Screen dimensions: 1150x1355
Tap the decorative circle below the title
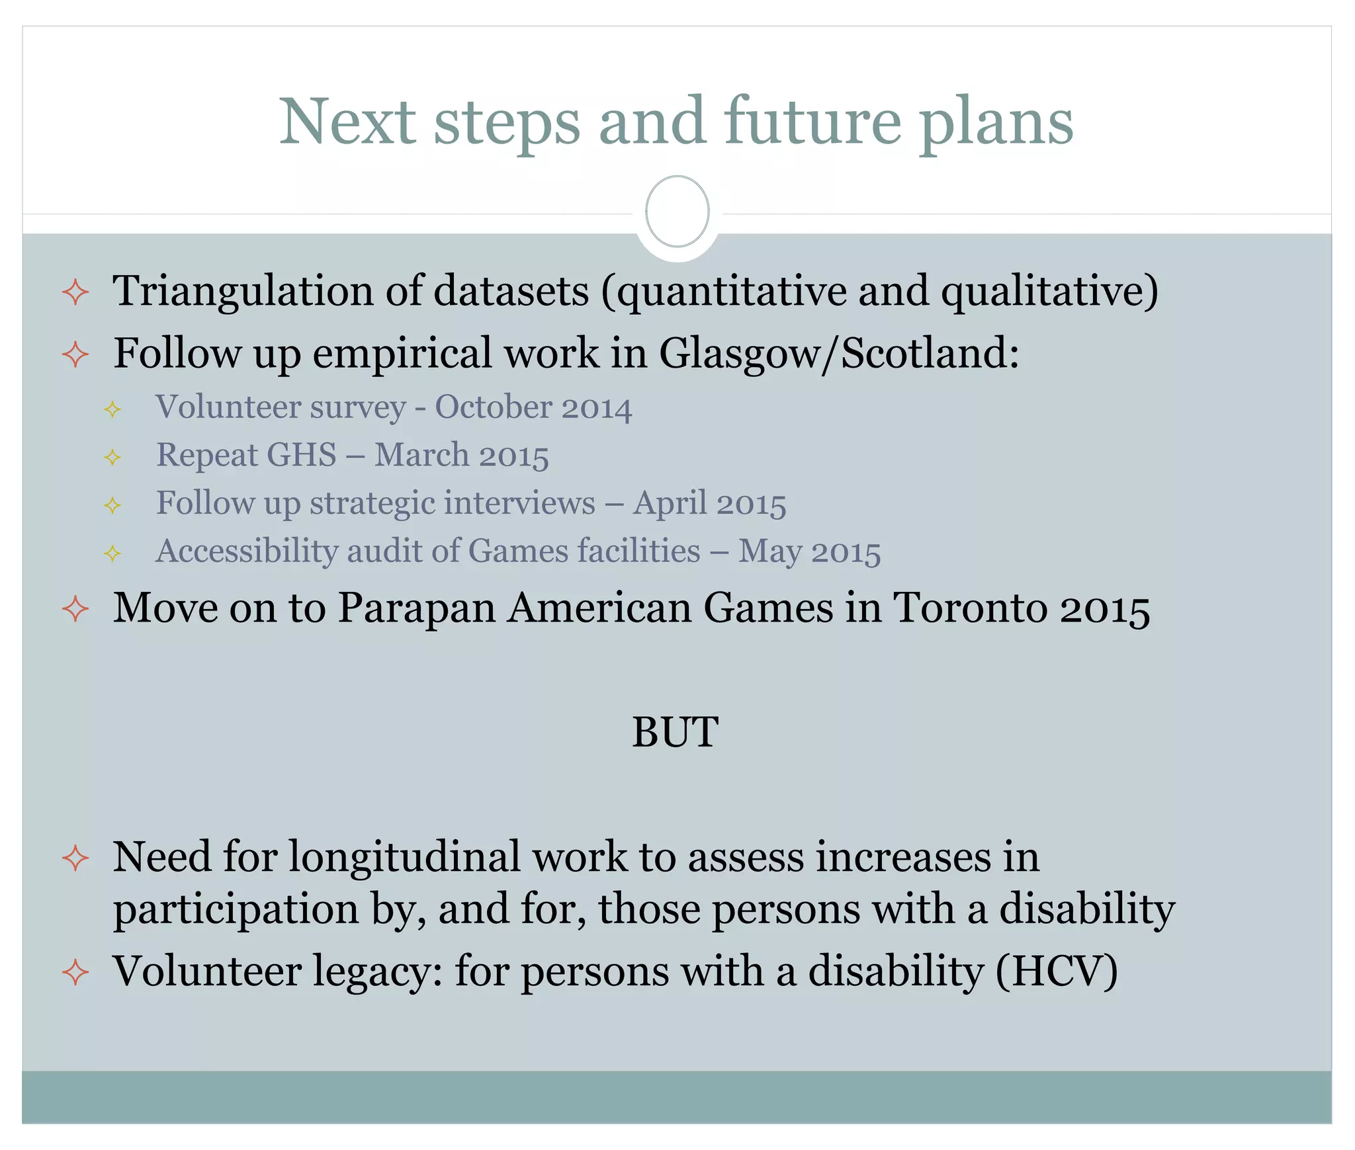point(677,212)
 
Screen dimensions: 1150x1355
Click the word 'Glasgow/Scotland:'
point(839,353)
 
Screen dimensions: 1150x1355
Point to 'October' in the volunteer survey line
point(493,407)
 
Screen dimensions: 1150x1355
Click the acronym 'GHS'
point(302,455)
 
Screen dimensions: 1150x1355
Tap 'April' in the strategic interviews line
point(670,503)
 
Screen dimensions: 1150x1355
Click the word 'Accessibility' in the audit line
point(247,552)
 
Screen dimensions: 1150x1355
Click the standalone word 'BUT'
point(675,732)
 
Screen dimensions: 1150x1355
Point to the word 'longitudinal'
point(405,858)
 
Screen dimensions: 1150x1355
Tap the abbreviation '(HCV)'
point(1057,971)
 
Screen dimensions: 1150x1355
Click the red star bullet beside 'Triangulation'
point(75,292)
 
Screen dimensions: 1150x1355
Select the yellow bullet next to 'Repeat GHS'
point(112,457)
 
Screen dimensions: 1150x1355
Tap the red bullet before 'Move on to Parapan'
point(75,608)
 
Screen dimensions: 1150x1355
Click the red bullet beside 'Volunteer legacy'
point(75,972)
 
